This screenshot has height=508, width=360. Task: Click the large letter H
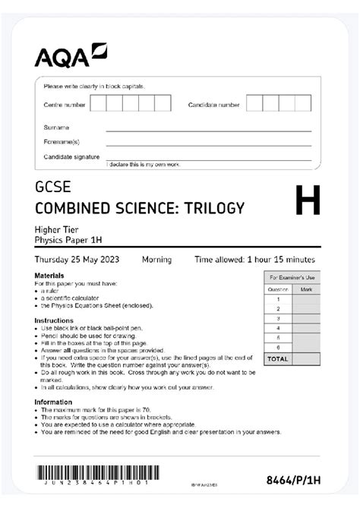[x=306, y=204]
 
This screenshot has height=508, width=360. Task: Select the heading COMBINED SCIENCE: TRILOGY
[x=140, y=208]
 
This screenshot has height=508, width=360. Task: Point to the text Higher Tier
[x=57, y=231]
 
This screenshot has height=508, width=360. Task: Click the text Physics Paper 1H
[x=68, y=241]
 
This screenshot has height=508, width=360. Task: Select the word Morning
[x=156, y=259]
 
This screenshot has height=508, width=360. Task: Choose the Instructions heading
[x=53, y=320]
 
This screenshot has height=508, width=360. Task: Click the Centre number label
[x=64, y=104]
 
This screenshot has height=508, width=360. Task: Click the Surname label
[x=56, y=128]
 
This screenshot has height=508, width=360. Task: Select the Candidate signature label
[x=71, y=156]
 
